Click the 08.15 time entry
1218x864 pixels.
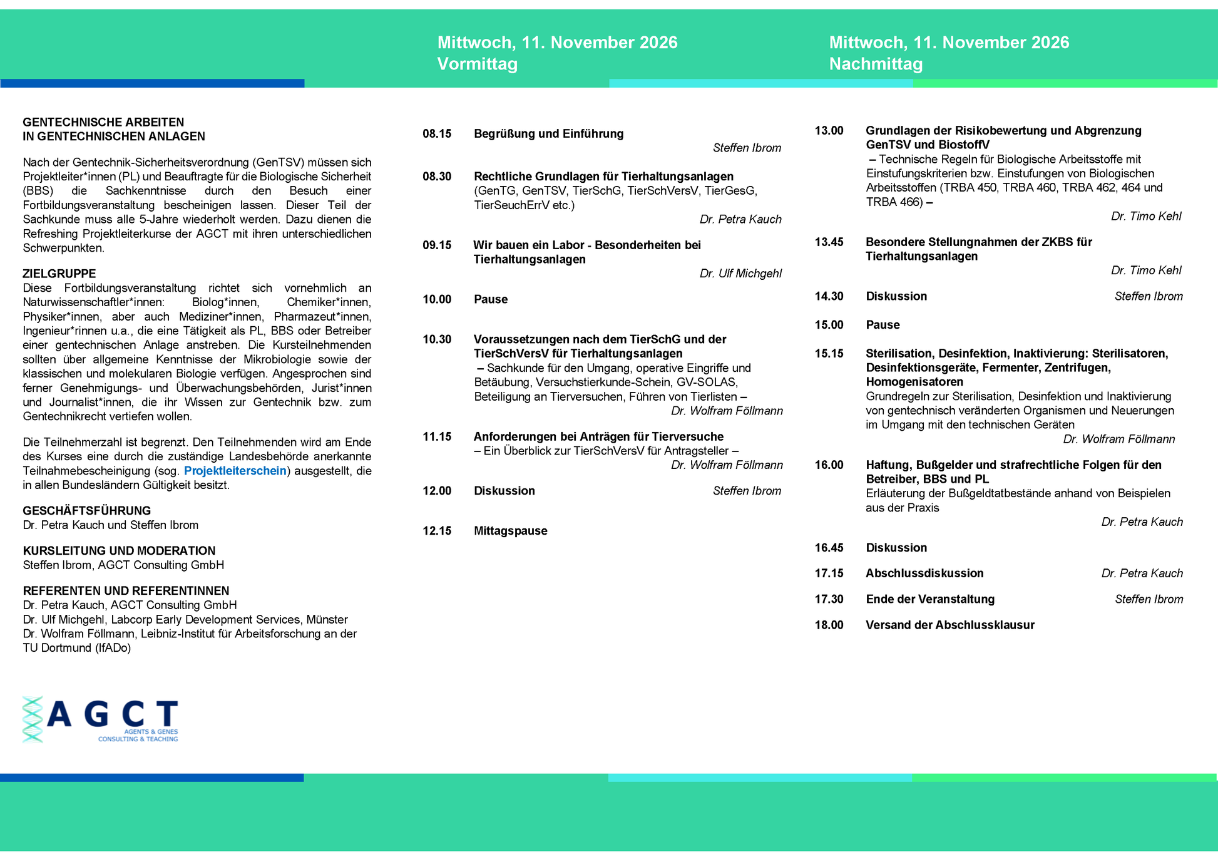437,133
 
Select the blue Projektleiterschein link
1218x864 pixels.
235,471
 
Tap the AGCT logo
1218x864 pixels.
101,719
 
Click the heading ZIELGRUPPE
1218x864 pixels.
59,274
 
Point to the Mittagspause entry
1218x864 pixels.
510,531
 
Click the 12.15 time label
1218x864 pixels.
437,531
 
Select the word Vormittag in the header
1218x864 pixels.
477,64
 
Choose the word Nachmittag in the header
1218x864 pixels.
876,64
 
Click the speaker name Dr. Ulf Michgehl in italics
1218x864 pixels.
740,274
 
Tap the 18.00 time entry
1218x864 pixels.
829,625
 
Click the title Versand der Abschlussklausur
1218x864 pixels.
949,625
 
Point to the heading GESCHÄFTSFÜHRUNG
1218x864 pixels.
87,511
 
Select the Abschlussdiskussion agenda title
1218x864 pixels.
924,573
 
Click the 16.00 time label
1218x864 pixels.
829,465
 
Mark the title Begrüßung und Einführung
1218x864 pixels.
548,133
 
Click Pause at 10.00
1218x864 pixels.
491,299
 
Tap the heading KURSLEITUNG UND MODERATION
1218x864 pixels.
119,551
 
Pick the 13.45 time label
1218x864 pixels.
829,242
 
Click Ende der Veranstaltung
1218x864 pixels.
930,599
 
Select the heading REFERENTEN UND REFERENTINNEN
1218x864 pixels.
126,591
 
